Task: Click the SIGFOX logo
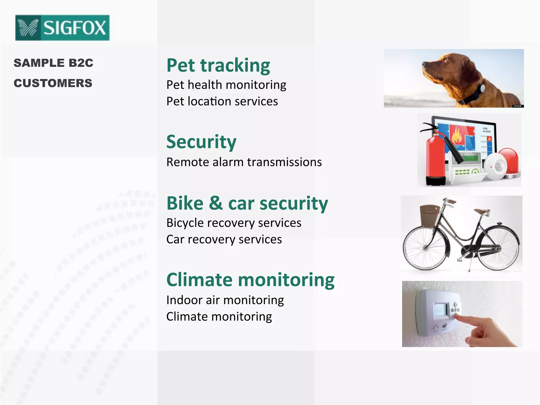pos(62,28)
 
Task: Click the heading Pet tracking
pos(218,65)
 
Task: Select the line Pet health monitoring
pos(226,85)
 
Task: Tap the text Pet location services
pos(222,102)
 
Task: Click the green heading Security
pos(201,142)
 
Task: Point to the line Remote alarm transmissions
pos(244,162)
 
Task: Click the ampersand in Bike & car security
pos(216,203)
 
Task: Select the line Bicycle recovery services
pos(234,223)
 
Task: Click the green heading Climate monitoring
pos(250,280)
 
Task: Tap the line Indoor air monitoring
pos(225,300)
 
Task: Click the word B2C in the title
pos(81,63)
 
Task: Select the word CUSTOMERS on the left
pos(53,83)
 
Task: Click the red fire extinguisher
pos(436,158)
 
